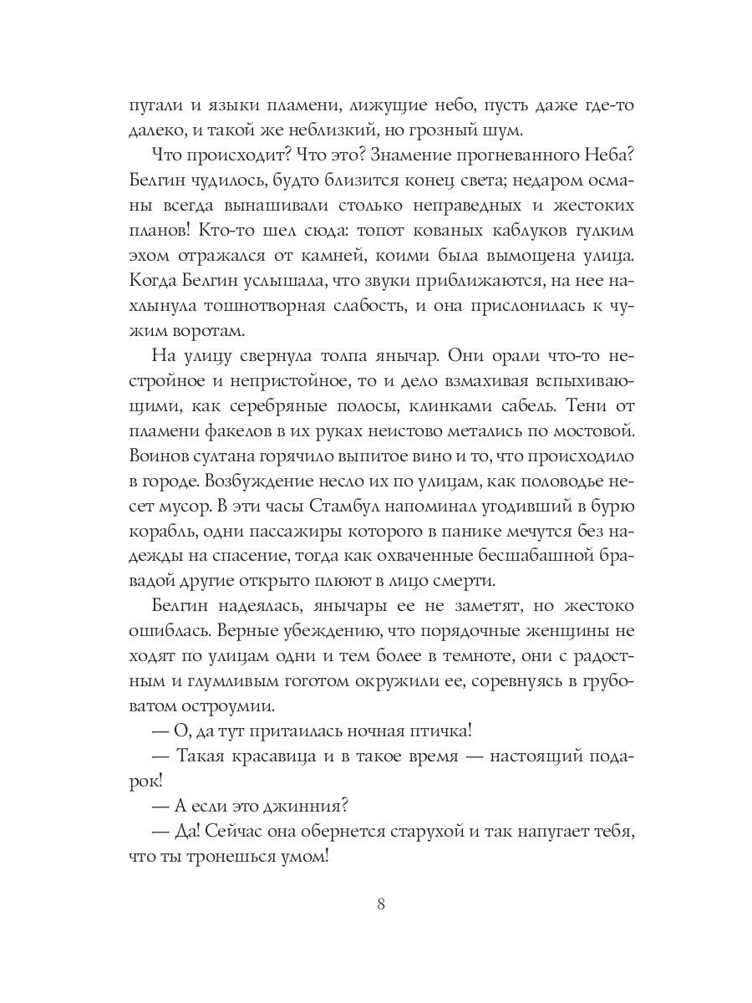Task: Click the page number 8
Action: pos(381,905)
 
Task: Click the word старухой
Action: pos(443,834)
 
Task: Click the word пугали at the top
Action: pos(154,105)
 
